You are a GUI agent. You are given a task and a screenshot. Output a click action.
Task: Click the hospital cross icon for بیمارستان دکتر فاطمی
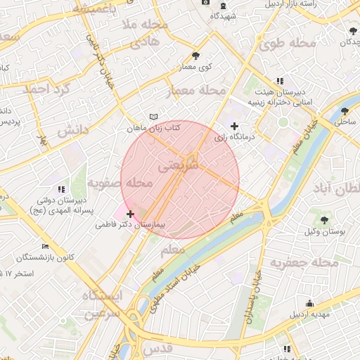click(x=130, y=214)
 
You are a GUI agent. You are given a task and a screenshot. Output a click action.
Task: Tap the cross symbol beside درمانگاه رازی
click(x=235, y=126)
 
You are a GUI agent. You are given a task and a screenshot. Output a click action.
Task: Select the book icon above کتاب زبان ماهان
click(x=154, y=116)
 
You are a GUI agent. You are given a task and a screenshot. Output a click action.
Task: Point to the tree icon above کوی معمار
click(x=195, y=56)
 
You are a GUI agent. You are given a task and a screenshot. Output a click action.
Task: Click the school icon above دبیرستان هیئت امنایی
click(x=281, y=81)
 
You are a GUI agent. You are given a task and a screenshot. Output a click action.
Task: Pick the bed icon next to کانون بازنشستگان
click(x=46, y=246)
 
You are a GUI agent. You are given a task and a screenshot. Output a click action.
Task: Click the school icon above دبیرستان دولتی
click(x=61, y=188)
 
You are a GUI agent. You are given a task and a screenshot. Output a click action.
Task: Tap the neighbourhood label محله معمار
click(x=197, y=91)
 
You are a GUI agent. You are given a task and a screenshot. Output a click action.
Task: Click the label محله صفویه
click(x=120, y=184)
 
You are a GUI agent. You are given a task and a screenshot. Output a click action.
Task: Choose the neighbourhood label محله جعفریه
click(x=309, y=262)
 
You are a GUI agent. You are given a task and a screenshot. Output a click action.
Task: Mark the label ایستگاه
click(x=101, y=295)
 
